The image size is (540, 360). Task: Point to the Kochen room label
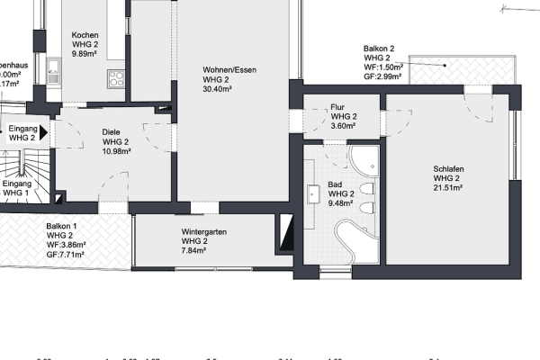(x=91, y=35)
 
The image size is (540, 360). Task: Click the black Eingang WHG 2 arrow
(x=41, y=131)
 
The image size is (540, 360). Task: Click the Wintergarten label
(x=203, y=231)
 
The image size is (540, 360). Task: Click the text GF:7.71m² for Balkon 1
(x=66, y=255)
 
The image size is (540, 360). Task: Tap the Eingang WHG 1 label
(x=16, y=187)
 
